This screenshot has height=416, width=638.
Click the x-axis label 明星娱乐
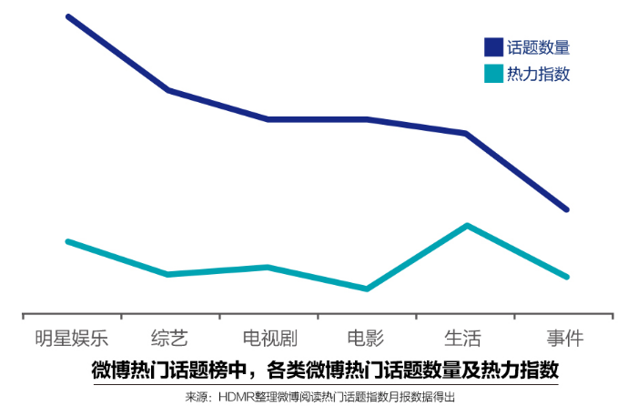(71, 339)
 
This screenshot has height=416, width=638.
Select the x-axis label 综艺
(169, 339)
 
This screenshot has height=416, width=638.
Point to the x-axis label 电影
(366, 339)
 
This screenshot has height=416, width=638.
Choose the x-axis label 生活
(463, 339)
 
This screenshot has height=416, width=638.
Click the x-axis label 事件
(564, 339)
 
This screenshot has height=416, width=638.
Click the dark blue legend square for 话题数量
(493, 47)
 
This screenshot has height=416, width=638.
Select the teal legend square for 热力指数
(493, 74)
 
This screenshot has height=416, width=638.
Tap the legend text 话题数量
(538, 47)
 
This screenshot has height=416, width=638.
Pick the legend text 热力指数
(538, 74)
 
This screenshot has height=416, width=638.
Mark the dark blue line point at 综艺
(169, 90)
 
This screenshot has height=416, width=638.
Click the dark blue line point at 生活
(466, 134)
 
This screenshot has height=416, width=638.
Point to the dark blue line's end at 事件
(567, 209)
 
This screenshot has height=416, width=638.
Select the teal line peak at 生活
(467, 225)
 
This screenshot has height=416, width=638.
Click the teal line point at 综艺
(169, 274)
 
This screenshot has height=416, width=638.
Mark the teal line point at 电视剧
(268, 267)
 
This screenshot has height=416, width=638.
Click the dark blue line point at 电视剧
(268, 119)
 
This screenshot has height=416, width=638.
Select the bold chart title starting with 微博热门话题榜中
(325, 370)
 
